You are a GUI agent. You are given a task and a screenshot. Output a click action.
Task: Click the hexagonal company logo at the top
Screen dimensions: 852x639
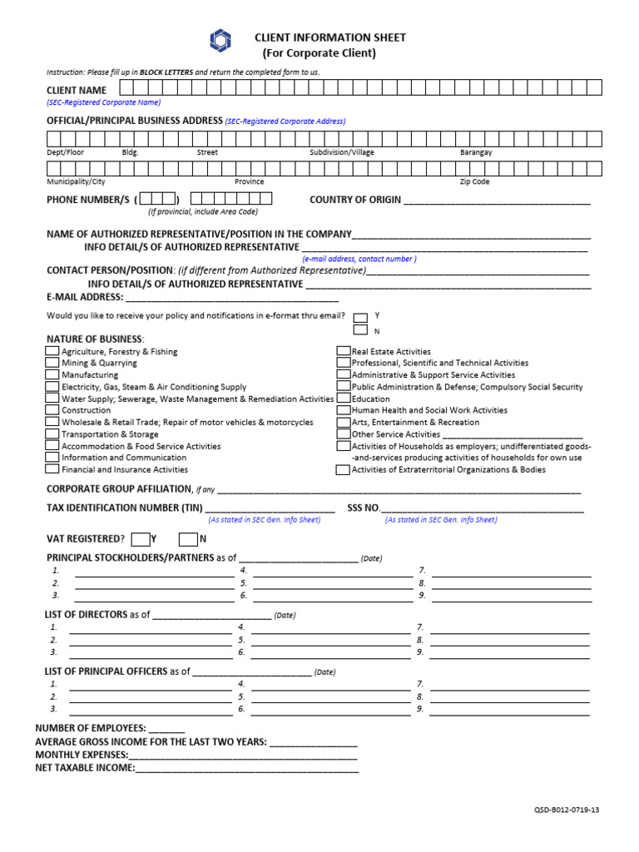(222, 41)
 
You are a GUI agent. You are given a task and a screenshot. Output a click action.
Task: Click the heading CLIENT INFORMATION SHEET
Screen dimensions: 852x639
(330, 37)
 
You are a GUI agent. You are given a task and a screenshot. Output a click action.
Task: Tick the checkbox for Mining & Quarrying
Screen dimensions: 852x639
(52, 363)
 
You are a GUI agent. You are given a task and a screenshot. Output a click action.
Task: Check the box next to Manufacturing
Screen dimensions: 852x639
(52, 374)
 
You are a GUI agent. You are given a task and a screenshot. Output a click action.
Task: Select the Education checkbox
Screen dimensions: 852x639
(343, 399)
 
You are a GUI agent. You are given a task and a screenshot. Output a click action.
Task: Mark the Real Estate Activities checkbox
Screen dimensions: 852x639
(343, 351)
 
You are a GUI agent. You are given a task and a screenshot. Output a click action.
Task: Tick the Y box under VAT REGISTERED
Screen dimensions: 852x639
(141, 538)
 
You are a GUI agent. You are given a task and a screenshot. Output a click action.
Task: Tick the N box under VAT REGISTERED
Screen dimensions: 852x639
(188, 538)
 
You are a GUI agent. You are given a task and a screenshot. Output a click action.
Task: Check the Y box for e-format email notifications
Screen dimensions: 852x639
(360, 317)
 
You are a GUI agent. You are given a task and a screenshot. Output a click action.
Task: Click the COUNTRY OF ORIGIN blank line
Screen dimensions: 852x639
(497, 201)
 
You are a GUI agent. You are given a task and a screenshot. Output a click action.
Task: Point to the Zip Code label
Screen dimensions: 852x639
(474, 181)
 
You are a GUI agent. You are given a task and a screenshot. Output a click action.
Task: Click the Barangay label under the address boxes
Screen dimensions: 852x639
(476, 152)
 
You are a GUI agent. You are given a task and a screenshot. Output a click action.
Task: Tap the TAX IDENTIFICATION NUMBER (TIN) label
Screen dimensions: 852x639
(124, 508)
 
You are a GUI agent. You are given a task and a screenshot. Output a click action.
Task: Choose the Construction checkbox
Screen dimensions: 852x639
(52, 410)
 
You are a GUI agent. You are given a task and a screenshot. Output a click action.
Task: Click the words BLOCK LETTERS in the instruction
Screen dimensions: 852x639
(166, 72)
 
